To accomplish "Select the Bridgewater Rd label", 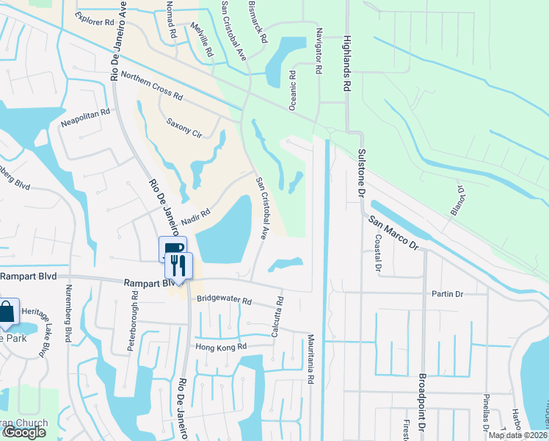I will [x=224, y=301].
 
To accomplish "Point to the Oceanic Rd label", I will [x=292, y=90].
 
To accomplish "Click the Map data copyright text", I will [x=517, y=435].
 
